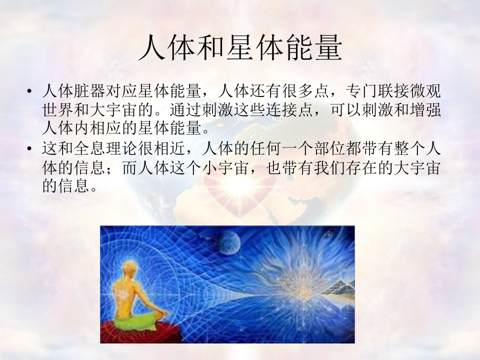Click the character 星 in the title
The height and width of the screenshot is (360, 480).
tap(240, 48)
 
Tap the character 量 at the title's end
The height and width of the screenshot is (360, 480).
tap(328, 48)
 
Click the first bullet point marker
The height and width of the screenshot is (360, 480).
tap(29, 91)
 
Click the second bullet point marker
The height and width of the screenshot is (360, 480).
tap(29, 149)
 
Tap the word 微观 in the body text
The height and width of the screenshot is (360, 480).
tap(425, 91)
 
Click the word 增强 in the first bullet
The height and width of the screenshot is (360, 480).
tap(425, 109)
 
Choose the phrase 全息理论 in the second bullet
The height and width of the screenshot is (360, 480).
tap(105, 149)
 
